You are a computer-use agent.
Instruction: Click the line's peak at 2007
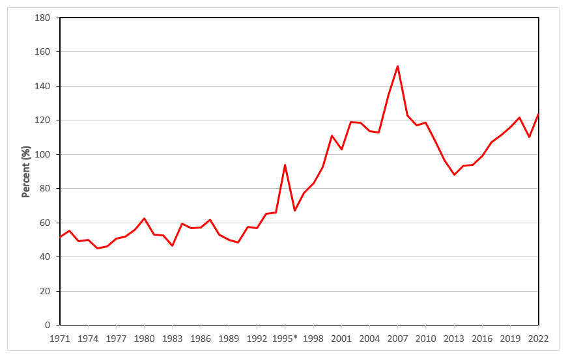point(397,66)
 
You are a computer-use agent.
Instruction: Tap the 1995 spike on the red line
point(285,165)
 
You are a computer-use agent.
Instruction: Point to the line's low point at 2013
point(454,174)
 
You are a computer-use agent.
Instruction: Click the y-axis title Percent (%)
point(27,172)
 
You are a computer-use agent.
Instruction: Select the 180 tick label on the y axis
point(42,18)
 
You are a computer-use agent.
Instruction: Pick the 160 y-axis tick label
point(42,52)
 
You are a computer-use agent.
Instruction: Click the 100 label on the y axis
point(42,154)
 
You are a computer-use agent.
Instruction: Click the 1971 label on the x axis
point(60,339)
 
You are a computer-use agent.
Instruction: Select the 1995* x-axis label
point(285,339)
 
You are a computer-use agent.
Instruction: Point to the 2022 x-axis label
point(538,339)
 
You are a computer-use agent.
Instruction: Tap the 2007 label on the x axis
point(397,339)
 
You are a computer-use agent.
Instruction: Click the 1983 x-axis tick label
point(172,339)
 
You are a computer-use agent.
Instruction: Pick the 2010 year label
point(425,339)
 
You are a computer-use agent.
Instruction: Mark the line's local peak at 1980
point(144,218)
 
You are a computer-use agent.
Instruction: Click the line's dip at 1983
point(172,245)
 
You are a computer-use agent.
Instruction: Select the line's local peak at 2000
point(332,135)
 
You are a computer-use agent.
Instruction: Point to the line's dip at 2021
point(529,137)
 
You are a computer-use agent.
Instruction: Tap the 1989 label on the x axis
point(229,339)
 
